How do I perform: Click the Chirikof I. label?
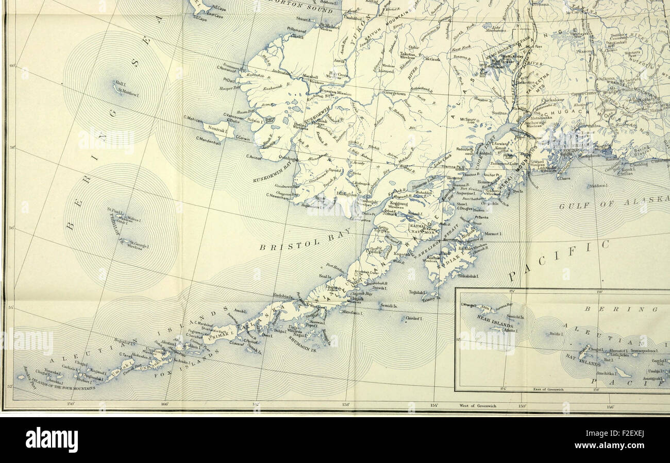pyautogui.click(x=413, y=318)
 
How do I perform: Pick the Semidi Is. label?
pyautogui.click(x=388, y=305)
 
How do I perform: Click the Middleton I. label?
pyautogui.click(x=598, y=186)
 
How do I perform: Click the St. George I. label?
pyautogui.click(x=139, y=244)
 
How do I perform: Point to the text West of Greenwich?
pyautogui.click(x=478, y=406)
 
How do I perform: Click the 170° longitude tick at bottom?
pyautogui.click(x=71, y=404)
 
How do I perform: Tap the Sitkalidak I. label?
pyautogui.click(x=467, y=277)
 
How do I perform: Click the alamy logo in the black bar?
pyautogui.click(x=52, y=439)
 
